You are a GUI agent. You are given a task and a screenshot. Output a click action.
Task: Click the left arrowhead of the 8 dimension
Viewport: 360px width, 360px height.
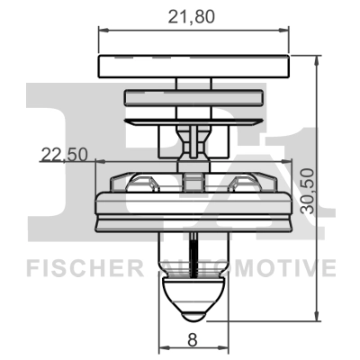[162, 349]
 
